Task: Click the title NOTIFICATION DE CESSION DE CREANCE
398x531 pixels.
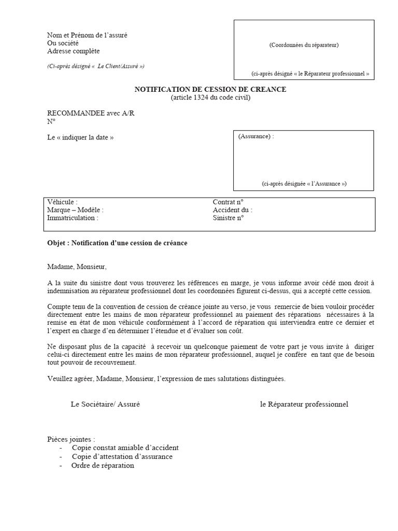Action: [210, 90]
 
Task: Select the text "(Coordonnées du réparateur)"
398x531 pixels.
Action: [304, 45]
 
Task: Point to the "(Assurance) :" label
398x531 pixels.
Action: [256, 136]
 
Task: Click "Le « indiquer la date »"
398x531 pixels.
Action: [80, 137]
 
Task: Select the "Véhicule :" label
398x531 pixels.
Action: [63, 202]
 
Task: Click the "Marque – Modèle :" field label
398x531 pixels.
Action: [75, 210]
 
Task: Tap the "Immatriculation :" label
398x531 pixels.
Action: [73, 218]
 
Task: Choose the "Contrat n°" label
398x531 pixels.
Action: [228, 202]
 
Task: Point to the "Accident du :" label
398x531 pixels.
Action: [232, 210]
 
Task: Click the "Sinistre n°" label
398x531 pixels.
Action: [228, 218]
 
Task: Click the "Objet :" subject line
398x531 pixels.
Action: [117, 243]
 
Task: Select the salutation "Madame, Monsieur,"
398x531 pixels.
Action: [77, 267]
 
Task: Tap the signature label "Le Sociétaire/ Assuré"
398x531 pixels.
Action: [105, 404]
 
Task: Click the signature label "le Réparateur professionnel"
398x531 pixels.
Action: [304, 404]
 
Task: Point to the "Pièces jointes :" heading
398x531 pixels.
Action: [72, 439]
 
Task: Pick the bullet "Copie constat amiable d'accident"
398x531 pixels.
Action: [125, 448]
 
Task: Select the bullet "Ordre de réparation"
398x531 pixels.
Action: [103, 465]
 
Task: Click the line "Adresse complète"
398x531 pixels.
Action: [74, 51]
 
